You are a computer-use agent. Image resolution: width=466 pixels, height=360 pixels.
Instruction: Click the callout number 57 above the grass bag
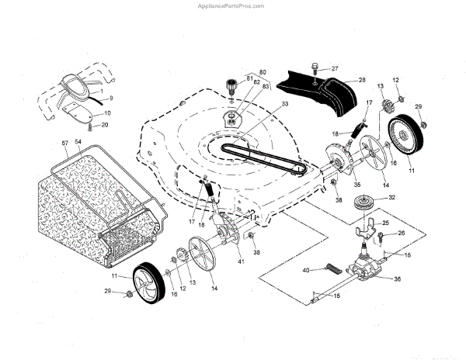coord(64,144)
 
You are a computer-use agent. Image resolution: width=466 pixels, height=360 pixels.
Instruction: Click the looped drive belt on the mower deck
coord(256,156)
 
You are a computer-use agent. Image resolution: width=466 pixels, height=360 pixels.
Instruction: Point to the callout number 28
coord(361,80)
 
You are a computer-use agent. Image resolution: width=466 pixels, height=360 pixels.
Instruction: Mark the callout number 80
coord(263,73)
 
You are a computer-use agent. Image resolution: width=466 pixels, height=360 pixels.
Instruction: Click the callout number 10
coord(106,113)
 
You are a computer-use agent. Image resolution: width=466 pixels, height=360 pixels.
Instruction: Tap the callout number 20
coord(105,124)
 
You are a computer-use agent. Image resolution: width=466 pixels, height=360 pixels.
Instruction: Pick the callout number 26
coord(402,233)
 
